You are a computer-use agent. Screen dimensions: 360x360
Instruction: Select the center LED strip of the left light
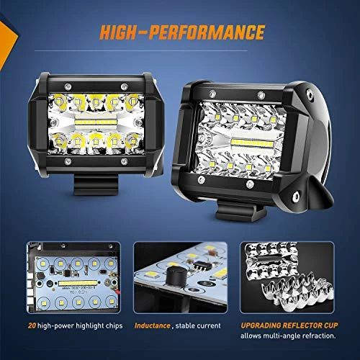[x=94, y=114]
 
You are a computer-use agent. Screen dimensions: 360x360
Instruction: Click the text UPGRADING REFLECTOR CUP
[x=283, y=325]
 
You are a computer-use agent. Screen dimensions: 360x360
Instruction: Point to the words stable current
[x=197, y=326]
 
